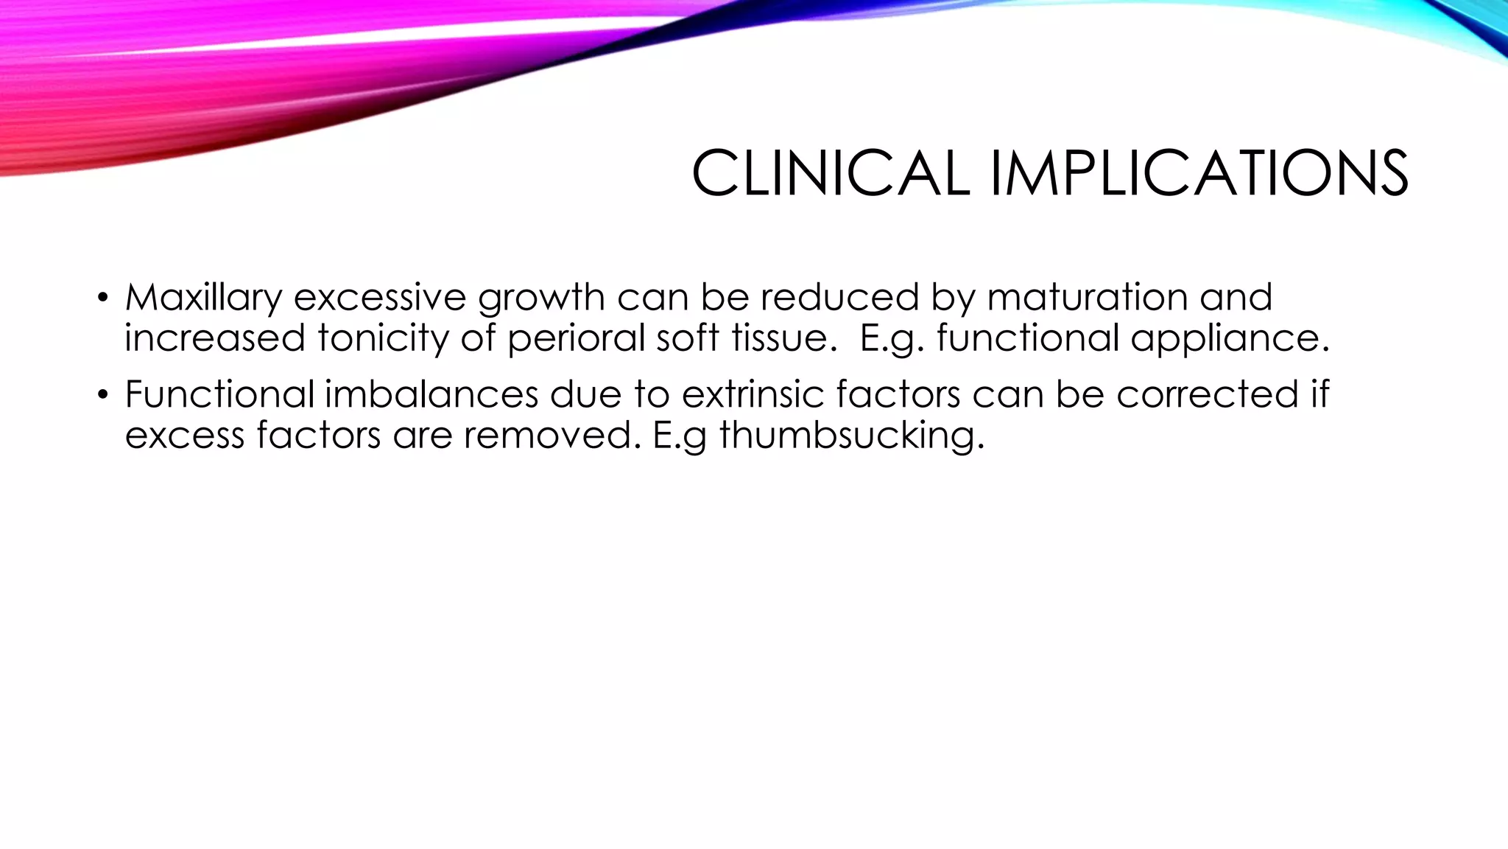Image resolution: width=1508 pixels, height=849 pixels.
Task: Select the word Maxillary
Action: click(203, 298)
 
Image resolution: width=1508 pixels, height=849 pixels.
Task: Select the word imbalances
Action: click(431, 394)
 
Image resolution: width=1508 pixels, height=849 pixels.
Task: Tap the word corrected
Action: click(1208, 394)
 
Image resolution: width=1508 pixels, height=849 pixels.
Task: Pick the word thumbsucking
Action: click(851, 435)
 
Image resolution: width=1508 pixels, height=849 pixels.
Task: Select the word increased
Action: click(214, 338)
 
